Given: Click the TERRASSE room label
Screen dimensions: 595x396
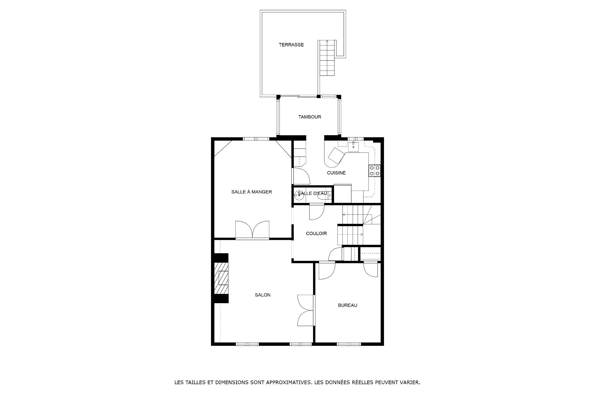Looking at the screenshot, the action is [x=291, y=45].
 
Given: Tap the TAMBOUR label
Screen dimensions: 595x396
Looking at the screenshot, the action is [x=310, y=117].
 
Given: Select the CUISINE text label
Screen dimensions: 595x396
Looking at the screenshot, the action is [x=336, y=173].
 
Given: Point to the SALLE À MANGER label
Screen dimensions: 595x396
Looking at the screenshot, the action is [x=252, y=192].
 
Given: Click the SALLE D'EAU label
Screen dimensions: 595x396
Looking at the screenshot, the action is [x=312, y=194].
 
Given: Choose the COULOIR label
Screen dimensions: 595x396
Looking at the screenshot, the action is [x=316, y=234].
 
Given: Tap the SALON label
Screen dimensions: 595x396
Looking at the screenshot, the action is [x=263, y=295].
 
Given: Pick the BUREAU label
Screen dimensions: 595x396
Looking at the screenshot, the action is [x=348, y=305].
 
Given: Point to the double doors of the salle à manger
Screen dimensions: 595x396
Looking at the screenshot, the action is [x=252, y=230].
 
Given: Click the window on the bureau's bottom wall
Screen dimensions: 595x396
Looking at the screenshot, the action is [x=349, y=344].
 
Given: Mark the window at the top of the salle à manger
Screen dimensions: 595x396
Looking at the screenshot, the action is [x=256, y=139].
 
